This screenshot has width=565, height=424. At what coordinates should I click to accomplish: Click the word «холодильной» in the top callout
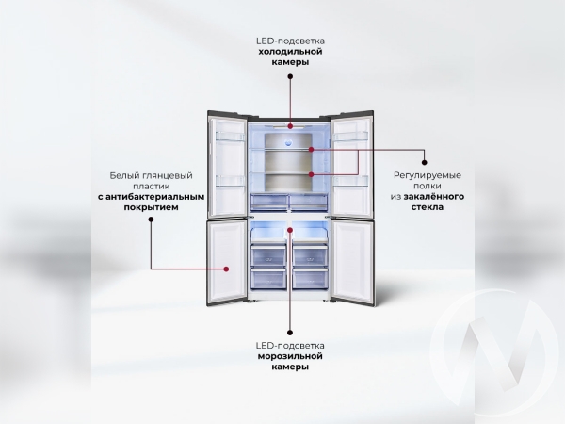[x=290, y=52]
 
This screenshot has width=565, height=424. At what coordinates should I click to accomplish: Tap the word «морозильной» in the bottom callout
[x=290, y=356]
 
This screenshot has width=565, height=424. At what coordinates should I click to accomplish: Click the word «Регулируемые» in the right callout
[x=427, y=175]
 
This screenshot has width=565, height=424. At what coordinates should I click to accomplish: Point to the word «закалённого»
[x=434, y=197]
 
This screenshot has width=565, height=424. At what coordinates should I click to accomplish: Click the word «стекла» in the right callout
[x=427, y=207]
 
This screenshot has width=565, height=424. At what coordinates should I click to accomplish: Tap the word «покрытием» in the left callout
[x=151, y=207]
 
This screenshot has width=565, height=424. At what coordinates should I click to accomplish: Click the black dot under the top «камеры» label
[x=290, y=76]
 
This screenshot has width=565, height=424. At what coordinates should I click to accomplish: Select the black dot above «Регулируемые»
[x=424, y=163]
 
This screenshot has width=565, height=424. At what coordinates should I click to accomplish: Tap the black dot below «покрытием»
[x=151, y=220]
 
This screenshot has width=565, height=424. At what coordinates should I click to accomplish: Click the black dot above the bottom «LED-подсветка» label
[x=290, y=333]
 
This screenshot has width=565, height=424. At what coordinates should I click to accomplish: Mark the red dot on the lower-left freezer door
[x=226, y=269]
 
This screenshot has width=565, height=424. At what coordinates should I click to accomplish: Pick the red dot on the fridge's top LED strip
[x=290, y=126]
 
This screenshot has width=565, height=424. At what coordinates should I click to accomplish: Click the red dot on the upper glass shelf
[x=312, y=149]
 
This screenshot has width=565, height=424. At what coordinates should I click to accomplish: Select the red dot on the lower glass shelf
[x=312, y=174]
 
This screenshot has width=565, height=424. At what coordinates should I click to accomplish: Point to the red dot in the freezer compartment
[x=290, y=229]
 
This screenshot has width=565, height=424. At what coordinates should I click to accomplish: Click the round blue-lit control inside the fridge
[x=288, y=142]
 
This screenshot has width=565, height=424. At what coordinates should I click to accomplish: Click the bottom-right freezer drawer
[x=310, y=278]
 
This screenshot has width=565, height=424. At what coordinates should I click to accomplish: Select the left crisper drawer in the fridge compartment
[x=269, y=203]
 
